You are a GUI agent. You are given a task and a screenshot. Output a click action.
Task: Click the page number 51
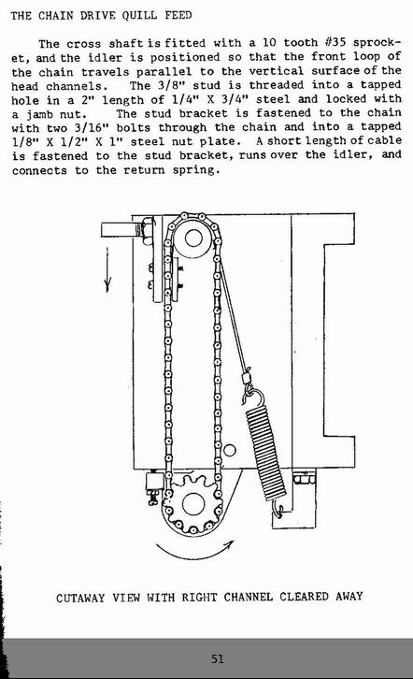[x=218, y=659]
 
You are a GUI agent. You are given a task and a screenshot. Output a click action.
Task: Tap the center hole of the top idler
[x=193, y=238]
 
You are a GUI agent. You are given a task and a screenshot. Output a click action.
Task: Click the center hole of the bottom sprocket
[x=192, y=504]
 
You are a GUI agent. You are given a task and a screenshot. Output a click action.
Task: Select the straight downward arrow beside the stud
[x=107, y=269]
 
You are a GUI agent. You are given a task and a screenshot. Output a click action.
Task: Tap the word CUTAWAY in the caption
[x=80, y=598]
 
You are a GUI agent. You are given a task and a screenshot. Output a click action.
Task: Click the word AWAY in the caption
[x=349, y=597]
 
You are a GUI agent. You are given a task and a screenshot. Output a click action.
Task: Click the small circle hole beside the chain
[x=230, y=451]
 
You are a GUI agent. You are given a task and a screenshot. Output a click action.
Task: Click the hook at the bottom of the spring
[x=278, y=509]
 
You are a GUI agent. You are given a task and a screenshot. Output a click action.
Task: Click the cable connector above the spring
[x=247, y=376]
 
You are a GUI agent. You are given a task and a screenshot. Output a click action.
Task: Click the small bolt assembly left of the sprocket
[x=153, y=486]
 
